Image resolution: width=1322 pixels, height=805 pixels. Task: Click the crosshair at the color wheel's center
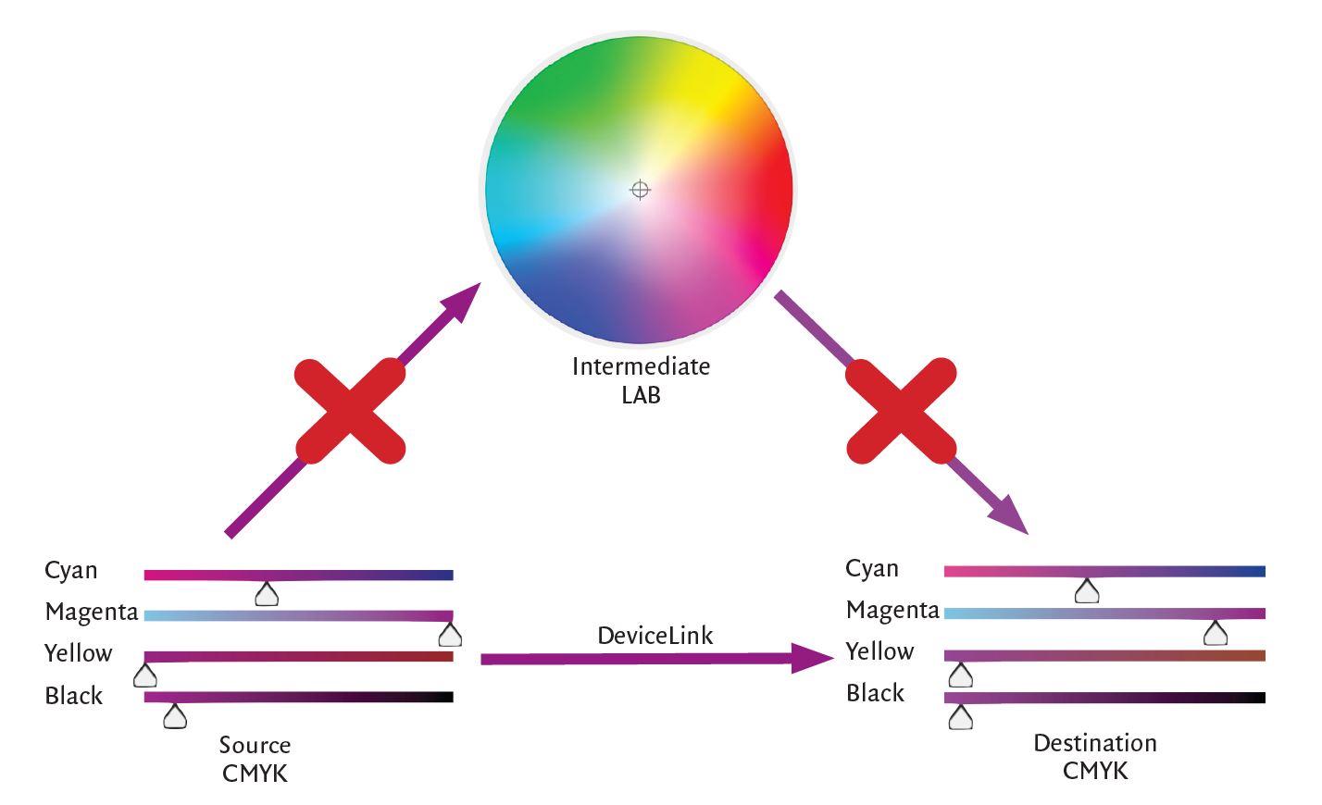[640, 190]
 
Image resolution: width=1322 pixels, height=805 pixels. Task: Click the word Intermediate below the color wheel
[641, 366]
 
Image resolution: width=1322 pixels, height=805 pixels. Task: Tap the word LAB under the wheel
[641, 395]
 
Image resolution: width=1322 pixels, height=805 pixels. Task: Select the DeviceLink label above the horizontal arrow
[655, 636]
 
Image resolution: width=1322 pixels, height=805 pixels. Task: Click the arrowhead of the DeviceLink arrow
[812, 658]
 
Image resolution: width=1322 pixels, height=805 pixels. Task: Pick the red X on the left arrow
[350, 411]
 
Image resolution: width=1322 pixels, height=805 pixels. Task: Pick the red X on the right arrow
[901, 411]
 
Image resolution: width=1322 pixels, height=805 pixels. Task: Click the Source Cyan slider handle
[267, 594]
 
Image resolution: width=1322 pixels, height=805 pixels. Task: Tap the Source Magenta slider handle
[450, 635]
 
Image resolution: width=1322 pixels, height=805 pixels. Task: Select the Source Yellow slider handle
[145, 675]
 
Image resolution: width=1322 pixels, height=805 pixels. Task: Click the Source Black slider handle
[175, 716]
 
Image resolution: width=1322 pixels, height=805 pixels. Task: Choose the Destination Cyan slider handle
[1087, 591]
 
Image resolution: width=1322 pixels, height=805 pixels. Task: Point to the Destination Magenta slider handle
[1216, 634]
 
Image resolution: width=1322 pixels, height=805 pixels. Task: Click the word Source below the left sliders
[255, 745]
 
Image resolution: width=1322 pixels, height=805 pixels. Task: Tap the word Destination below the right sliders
[1095, 742]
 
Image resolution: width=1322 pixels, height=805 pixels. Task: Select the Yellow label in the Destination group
[879, 651]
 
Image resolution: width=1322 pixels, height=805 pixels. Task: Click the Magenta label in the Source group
[92, 612]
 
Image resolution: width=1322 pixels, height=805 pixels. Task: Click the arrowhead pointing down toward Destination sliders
[1009, 515]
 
